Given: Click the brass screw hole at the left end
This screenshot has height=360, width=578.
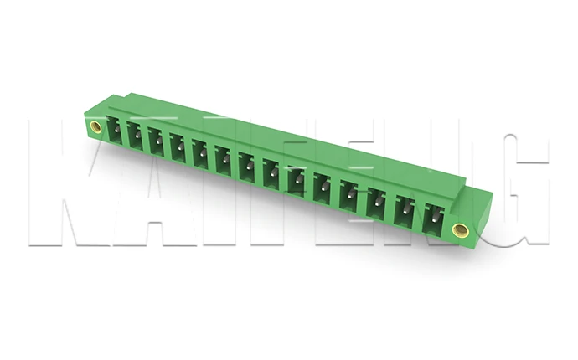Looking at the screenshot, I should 95,127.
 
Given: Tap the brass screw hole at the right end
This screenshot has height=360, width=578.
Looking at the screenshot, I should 458,229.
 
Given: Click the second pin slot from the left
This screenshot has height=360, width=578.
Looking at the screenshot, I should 134,136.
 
